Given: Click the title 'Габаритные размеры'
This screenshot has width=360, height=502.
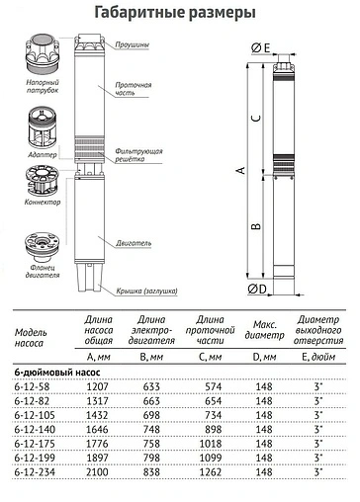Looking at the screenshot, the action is (x=180, y=13).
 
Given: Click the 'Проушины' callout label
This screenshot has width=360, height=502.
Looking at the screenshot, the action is (x=134, y=44).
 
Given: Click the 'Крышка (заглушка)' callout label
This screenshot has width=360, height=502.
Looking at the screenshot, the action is (x=143, y=291).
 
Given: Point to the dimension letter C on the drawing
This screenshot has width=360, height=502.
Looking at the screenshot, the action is (x=255, y=118).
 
